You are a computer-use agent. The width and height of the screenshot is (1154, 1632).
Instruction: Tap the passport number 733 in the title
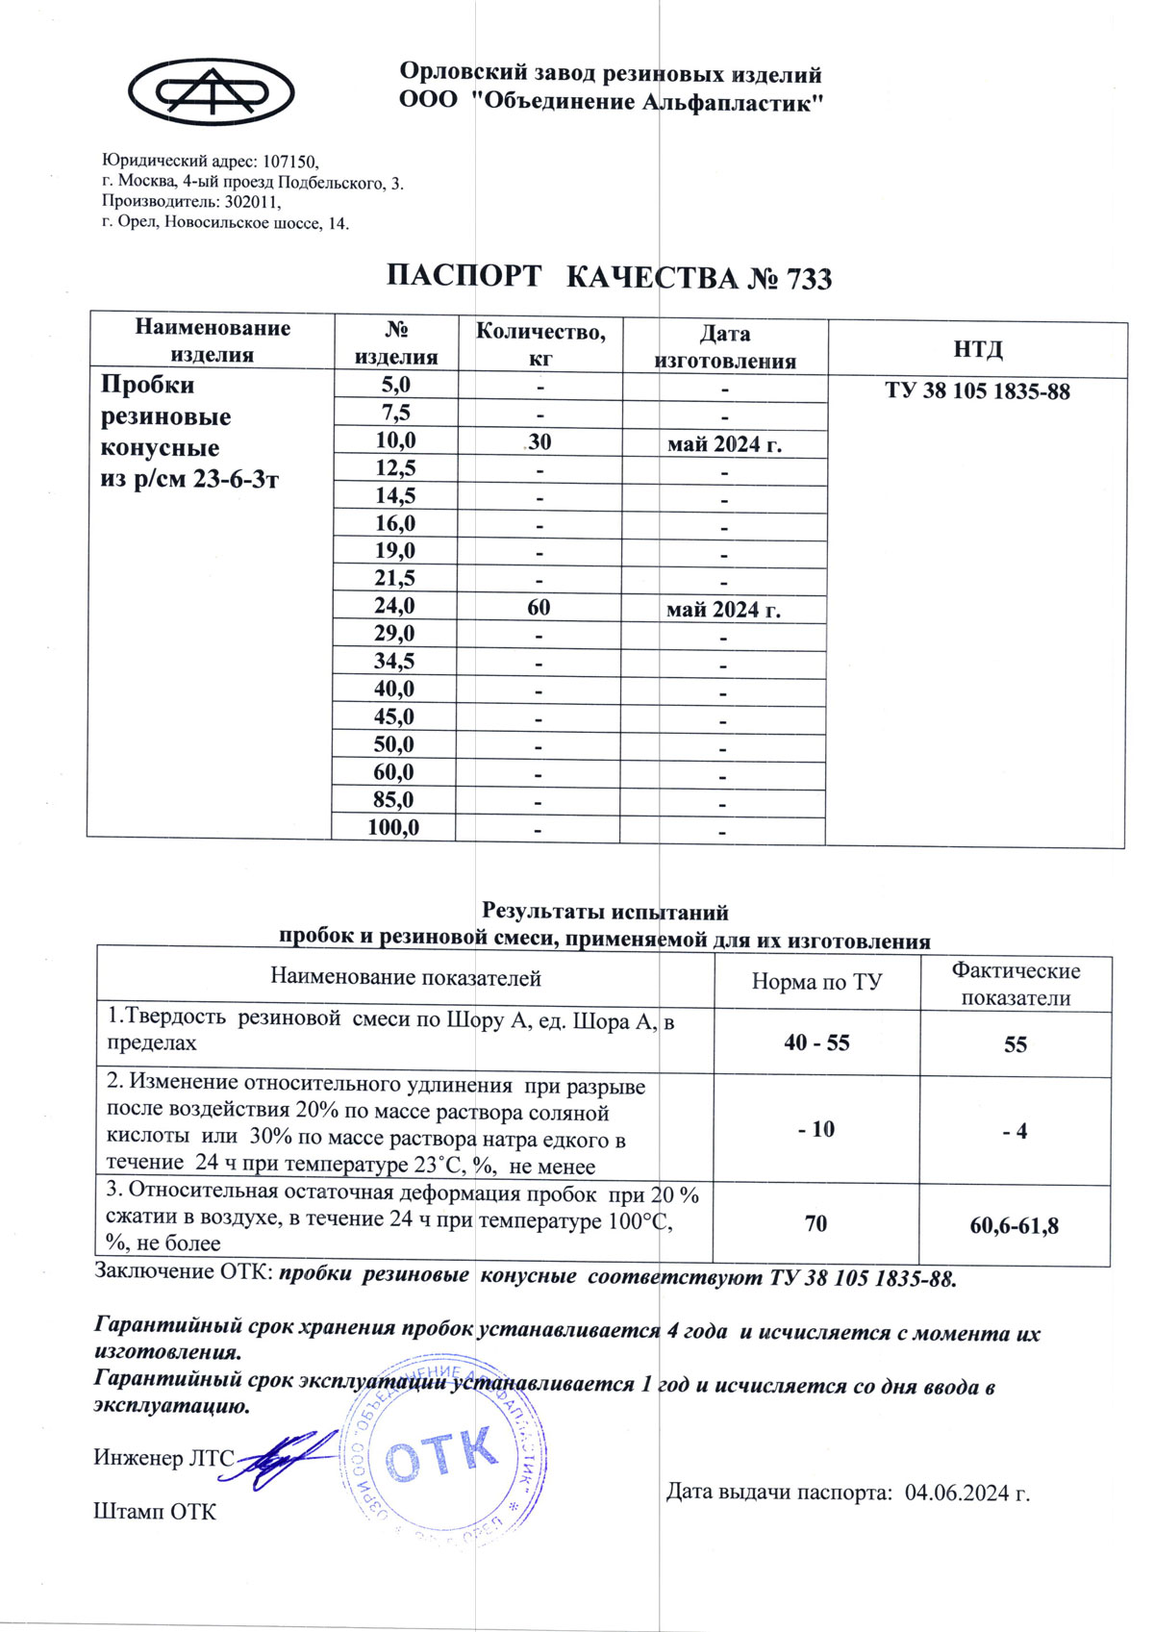click(809, 279)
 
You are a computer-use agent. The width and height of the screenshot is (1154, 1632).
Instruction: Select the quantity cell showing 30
click(539, 441)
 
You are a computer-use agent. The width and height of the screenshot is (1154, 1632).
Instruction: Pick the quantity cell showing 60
click(539, 607)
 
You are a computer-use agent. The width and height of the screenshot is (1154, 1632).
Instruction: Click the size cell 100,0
click(393, 827)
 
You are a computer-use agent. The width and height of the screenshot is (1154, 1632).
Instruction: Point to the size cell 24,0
click(394, 606)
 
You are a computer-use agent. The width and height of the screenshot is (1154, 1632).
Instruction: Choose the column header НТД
click(978, 349)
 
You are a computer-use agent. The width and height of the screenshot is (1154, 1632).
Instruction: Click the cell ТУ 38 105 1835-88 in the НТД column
click(977, 391)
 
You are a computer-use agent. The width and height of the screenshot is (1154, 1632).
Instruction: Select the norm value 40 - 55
click(816, 1043)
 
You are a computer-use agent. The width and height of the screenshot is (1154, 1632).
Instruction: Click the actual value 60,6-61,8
click(1015, 1226)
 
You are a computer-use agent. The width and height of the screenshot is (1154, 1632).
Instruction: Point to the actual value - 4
click(1015, 1132)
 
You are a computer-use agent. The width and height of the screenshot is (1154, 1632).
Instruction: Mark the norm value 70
click(815, 1224)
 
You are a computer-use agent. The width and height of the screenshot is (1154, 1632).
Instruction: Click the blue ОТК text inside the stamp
click(441, 1455)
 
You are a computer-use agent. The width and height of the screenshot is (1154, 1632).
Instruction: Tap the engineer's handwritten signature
click(286, 1461)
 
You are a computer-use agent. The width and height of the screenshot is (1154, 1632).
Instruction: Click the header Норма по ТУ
click(816, 982)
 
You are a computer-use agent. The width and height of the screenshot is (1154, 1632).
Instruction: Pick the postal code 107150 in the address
click(289, 163)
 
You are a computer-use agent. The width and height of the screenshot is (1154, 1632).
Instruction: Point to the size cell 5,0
click(395, 385)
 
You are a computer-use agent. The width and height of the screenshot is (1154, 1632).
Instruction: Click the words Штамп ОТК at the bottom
click(155, 1512)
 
